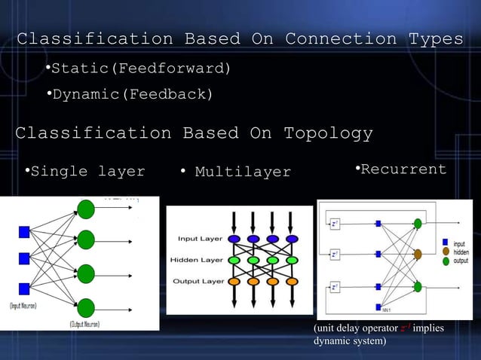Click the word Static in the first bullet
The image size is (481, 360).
coord(81,69)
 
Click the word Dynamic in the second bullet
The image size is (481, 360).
coord(85,95)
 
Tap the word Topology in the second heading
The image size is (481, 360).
coord(327,134)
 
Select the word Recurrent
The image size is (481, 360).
coord(403,169)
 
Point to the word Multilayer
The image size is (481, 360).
coord(243,172)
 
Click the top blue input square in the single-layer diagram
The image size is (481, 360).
coord(23,231)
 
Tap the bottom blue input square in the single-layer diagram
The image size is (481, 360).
coord(23,288)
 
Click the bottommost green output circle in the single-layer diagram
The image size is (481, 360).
coord(86,307)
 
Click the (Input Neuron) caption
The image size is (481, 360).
coord(23,306)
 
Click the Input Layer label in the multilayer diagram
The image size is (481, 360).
coord(199,239)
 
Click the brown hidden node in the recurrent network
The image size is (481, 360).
coord(417,255)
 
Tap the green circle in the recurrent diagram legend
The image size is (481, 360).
coord(446,261)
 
